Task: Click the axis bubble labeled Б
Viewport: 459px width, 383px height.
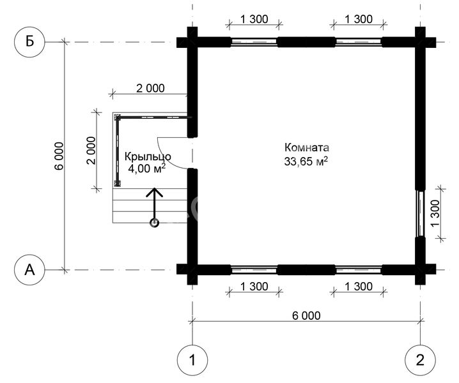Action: point(29,41)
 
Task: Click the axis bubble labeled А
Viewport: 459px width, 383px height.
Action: point(29,269)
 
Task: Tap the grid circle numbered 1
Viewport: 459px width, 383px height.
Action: point(192,360)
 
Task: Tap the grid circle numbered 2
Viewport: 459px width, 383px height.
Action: point(420,360)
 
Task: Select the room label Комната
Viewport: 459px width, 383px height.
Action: point(306,147)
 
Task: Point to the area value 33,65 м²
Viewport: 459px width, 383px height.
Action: point(306,161)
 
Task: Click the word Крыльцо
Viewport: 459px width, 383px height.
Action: point(148,157)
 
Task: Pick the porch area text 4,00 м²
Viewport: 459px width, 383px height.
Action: point(147,169)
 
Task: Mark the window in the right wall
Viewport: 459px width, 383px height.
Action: point(421,213)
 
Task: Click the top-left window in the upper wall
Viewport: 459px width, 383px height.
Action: point(254,42)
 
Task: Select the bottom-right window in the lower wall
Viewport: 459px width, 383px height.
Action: point(359,269)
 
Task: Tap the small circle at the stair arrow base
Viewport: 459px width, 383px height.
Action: point(154,223)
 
